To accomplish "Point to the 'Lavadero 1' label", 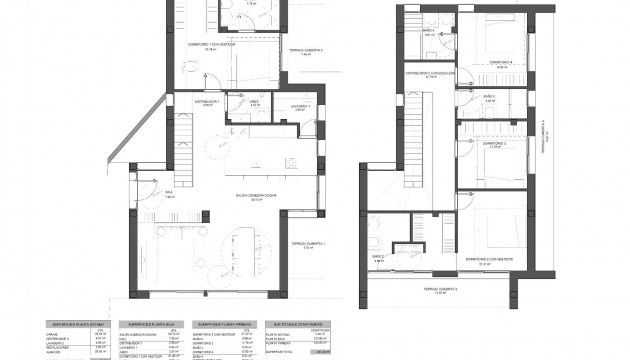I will pos(301,106).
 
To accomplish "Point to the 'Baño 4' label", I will pos(428,31).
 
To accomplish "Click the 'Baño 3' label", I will pos(489,96).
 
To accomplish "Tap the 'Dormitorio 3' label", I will pos(498,144).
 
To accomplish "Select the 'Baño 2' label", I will pos(378,257).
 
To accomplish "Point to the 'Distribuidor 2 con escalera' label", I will pos(430,72).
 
